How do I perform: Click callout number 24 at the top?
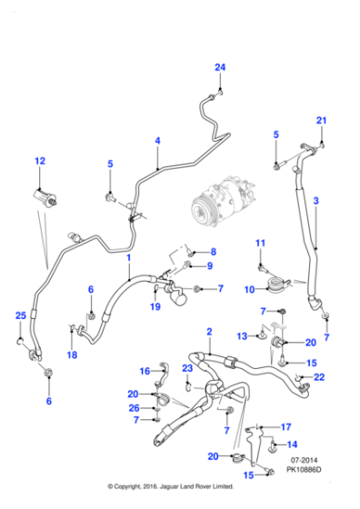(219, 68)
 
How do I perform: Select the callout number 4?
(157, 141)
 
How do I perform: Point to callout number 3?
(315, 200)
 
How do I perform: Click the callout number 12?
(39, 161)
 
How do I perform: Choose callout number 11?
(259, 243)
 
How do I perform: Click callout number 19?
(155, 307)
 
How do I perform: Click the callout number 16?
(144, 371)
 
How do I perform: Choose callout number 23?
(187, 367)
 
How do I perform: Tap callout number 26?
(135, 408)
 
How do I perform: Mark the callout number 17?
(285, 426)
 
